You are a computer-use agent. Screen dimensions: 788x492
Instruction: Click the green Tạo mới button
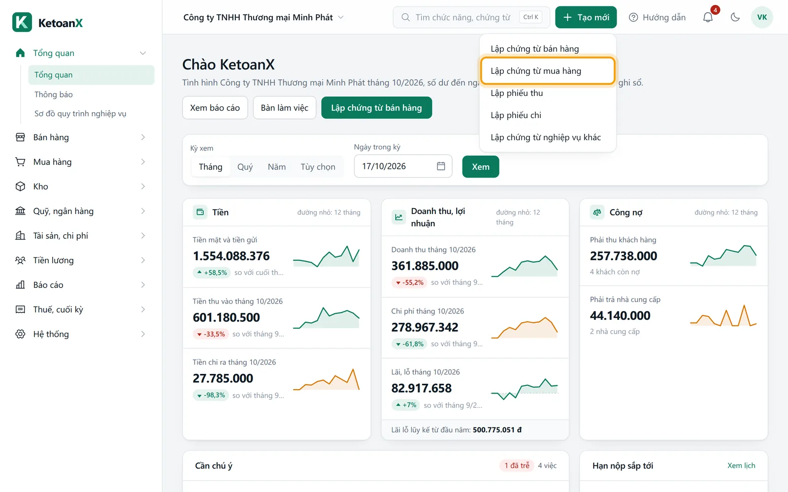(x=586, y=17)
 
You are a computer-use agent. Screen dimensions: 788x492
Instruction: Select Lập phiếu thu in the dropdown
(x=517, y=93)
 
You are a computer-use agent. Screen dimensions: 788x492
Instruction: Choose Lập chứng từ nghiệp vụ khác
(x=546, y=137)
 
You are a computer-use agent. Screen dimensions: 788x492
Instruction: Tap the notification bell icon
(x=708, y=17)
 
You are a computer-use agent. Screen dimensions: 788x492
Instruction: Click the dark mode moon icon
(x=735, y=17)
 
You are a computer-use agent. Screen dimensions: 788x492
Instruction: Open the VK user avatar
(x=762, y=17)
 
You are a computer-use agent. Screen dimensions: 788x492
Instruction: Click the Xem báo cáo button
(x=215, y=108)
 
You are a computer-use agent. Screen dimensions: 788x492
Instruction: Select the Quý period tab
(x=245, y=167)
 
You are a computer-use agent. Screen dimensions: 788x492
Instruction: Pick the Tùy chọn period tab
(x=318, y=167)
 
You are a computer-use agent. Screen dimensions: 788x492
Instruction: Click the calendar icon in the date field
(x=441, y=166)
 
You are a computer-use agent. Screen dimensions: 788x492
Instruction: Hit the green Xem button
(x=481, y=167)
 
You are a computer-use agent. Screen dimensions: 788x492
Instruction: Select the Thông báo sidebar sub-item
(x=54, y=94)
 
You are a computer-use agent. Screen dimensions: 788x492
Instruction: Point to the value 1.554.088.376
(x=231, y=256)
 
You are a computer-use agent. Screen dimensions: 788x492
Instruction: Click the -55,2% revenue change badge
(x=409, y=282)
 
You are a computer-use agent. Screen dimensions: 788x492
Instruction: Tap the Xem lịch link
(x=741, y=465)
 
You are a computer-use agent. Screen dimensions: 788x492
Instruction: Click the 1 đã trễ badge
(x=517, y=465)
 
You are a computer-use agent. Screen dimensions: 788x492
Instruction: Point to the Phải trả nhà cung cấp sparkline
(x=723, y=315)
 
